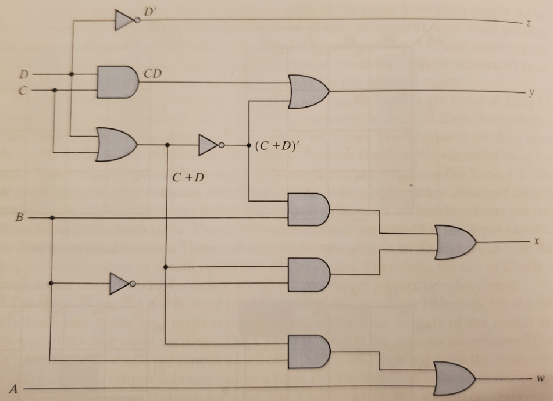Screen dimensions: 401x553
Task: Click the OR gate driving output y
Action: [x=307, y=92]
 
